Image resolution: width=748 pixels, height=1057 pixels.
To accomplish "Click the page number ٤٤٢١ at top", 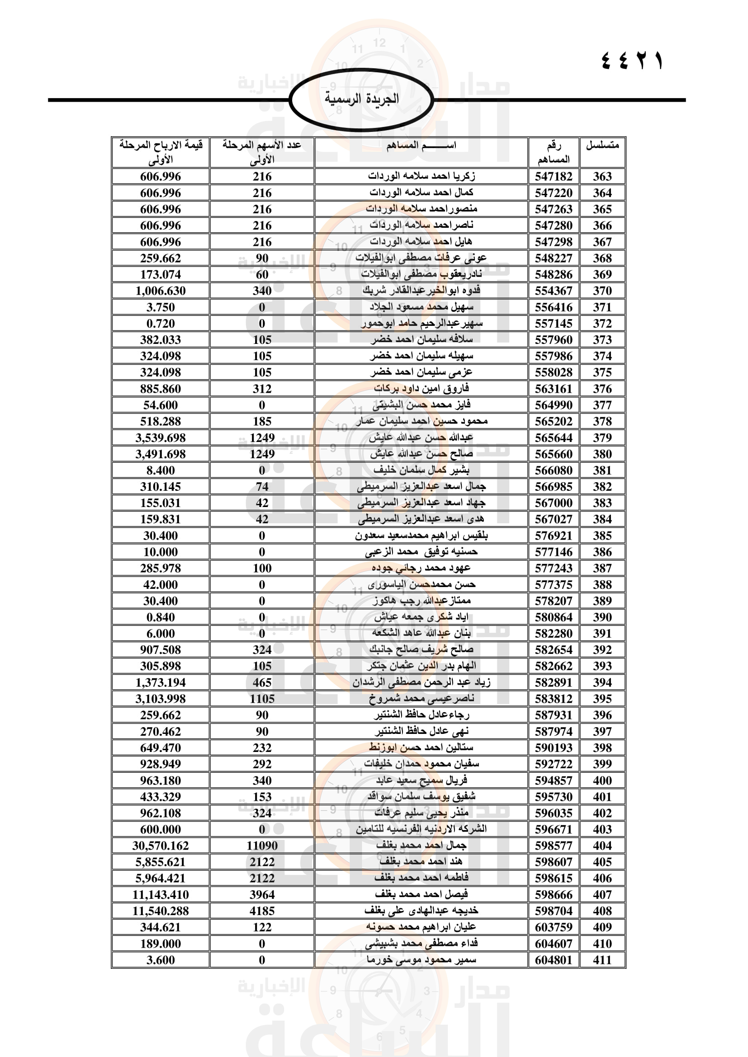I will [x=632, y=61].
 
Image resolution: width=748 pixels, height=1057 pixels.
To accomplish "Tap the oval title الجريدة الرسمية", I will [x=362, y=99].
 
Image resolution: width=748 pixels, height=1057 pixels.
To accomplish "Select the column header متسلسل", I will [x=602, y=146].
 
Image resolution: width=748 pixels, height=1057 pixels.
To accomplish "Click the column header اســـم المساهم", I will [x=421, y=146].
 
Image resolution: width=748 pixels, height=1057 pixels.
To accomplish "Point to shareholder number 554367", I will [x=553, y=291].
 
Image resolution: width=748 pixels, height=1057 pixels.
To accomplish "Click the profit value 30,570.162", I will [x=160, y=846].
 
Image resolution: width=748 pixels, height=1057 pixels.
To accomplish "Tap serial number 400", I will [x=602, y=780].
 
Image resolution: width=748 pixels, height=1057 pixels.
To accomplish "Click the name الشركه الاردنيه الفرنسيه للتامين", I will [x=421, y=829].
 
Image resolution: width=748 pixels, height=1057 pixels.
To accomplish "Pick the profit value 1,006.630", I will [x=160, y=291].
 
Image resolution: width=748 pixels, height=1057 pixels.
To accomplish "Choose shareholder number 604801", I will [x=553, y=960].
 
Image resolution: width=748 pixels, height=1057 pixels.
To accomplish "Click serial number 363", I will [x=602, y=176].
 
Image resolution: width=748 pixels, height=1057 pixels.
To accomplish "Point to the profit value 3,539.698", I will [x=160, y=438].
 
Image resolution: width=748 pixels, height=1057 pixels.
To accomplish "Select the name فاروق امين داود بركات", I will [x=421, y=389].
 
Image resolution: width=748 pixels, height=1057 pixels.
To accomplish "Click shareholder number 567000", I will [x=553, y=503].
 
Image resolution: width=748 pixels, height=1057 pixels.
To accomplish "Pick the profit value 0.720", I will [x=160, y=324].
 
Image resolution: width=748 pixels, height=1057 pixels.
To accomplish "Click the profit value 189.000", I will [x=160, y=944].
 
